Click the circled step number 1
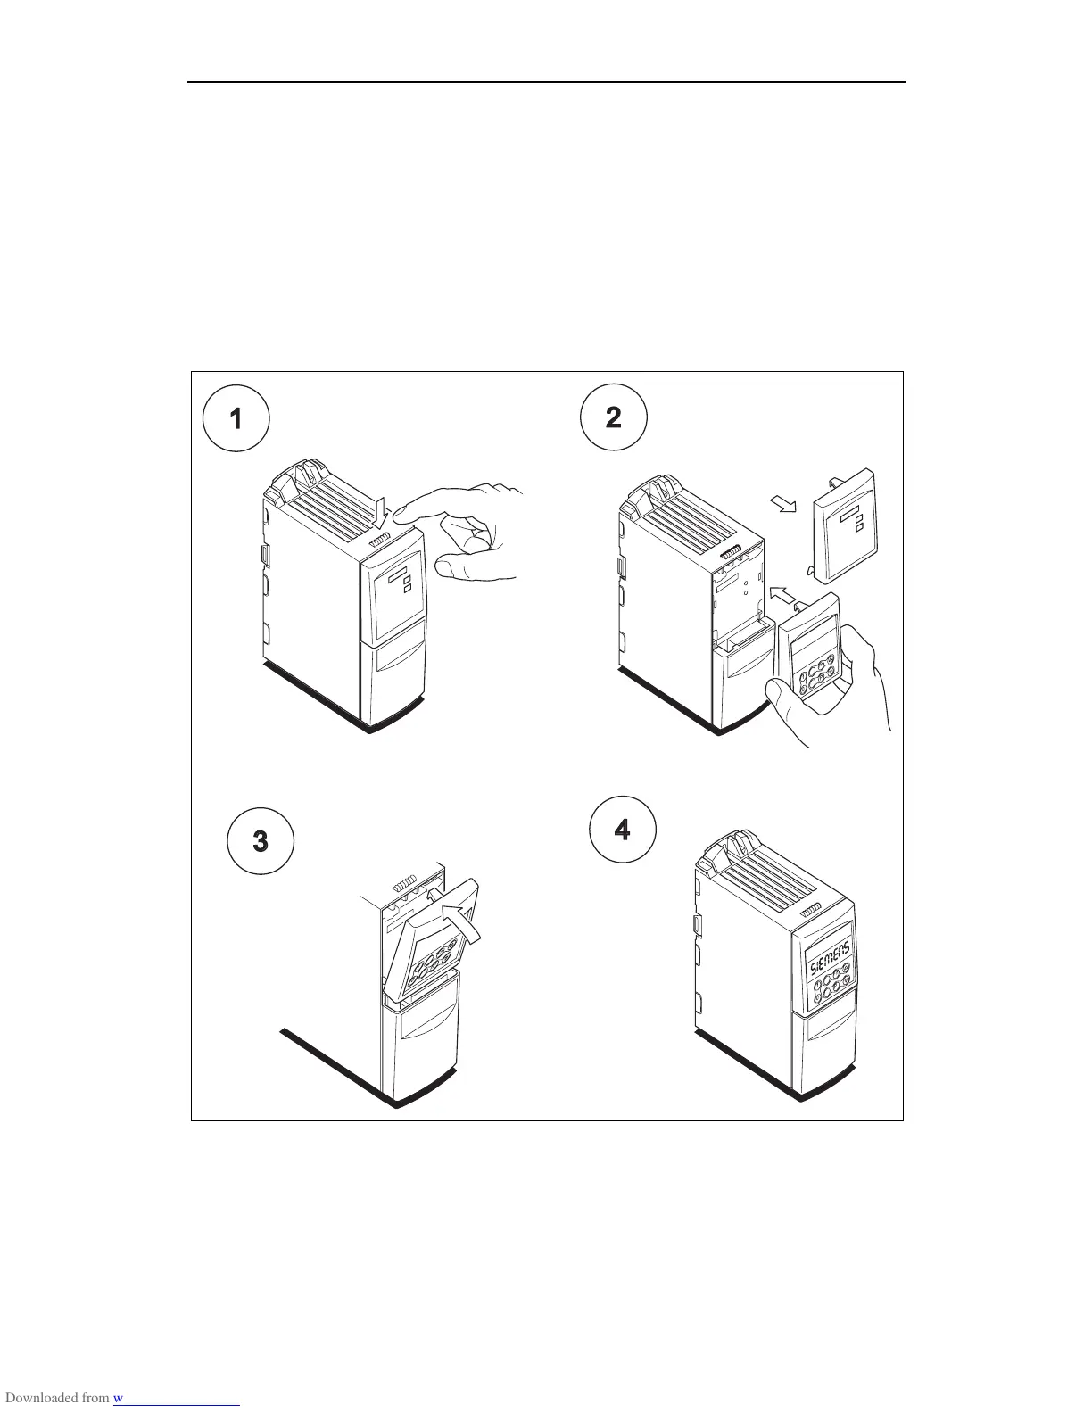tap(236, 417)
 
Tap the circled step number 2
tap(613, 417)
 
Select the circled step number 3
tap(261, 840)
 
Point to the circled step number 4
tap(623, 830)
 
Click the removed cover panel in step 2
tap(843, 526)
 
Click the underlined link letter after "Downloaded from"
tap(118, 1398)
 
